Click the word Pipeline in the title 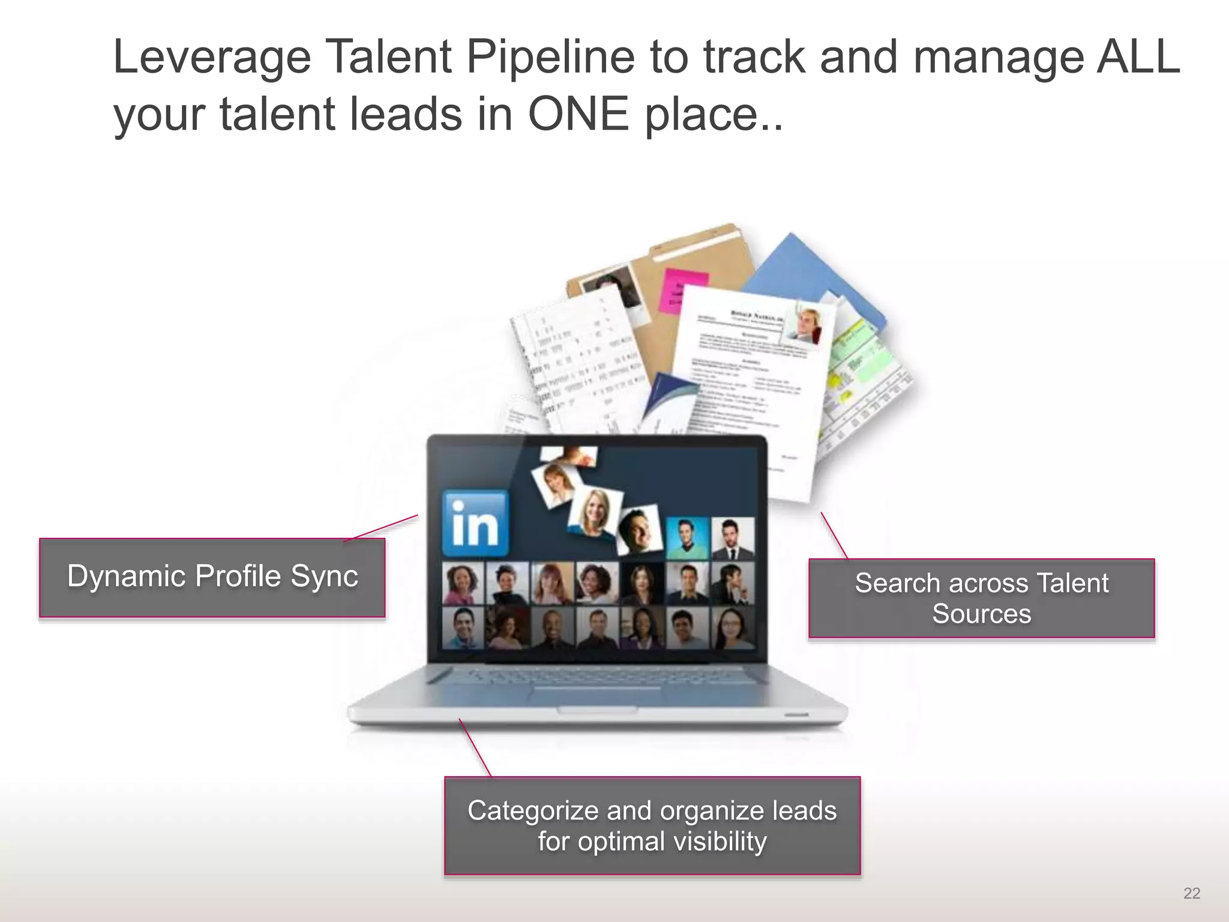550,58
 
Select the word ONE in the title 578,114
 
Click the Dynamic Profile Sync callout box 212,577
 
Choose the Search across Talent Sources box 981,598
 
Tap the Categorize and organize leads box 652,825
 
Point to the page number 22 1191,893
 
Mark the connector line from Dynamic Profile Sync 381,528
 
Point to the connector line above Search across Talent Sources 834,535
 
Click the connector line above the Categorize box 475,747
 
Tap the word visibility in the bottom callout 720,842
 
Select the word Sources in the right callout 981,613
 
